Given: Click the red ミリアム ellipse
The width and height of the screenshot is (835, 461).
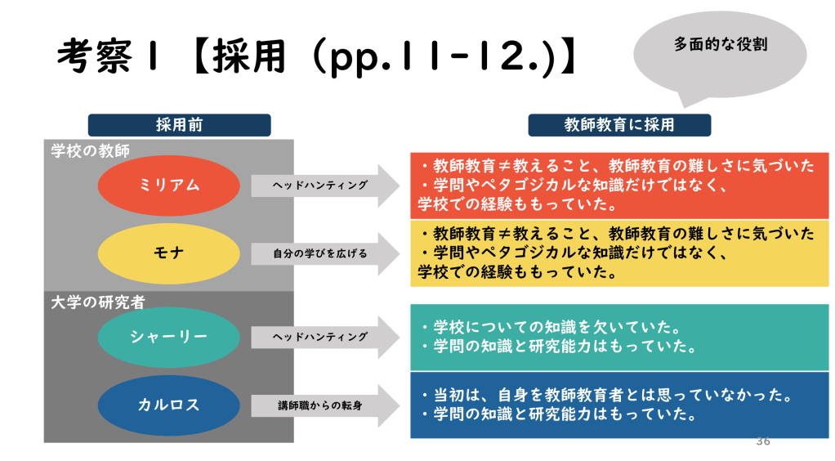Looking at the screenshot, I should pyautogui.click(x=169, y=186).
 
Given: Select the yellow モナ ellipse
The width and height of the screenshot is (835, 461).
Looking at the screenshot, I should pyautogui.click(x=169, y=253).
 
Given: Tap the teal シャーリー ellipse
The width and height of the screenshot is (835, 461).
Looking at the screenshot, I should pyautogui.click(x=169, y=336).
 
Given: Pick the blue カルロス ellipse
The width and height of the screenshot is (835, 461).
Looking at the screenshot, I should pyautogui.click(x=169, y=405).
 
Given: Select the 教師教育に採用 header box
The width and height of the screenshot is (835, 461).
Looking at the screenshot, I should pyautogui.click(x=619, y=125).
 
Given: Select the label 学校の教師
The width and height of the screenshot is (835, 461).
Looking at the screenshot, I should pyautogui.click(x=91, y=150).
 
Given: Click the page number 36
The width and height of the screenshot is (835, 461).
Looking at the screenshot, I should pyautogui.click(x=763, y=441).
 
